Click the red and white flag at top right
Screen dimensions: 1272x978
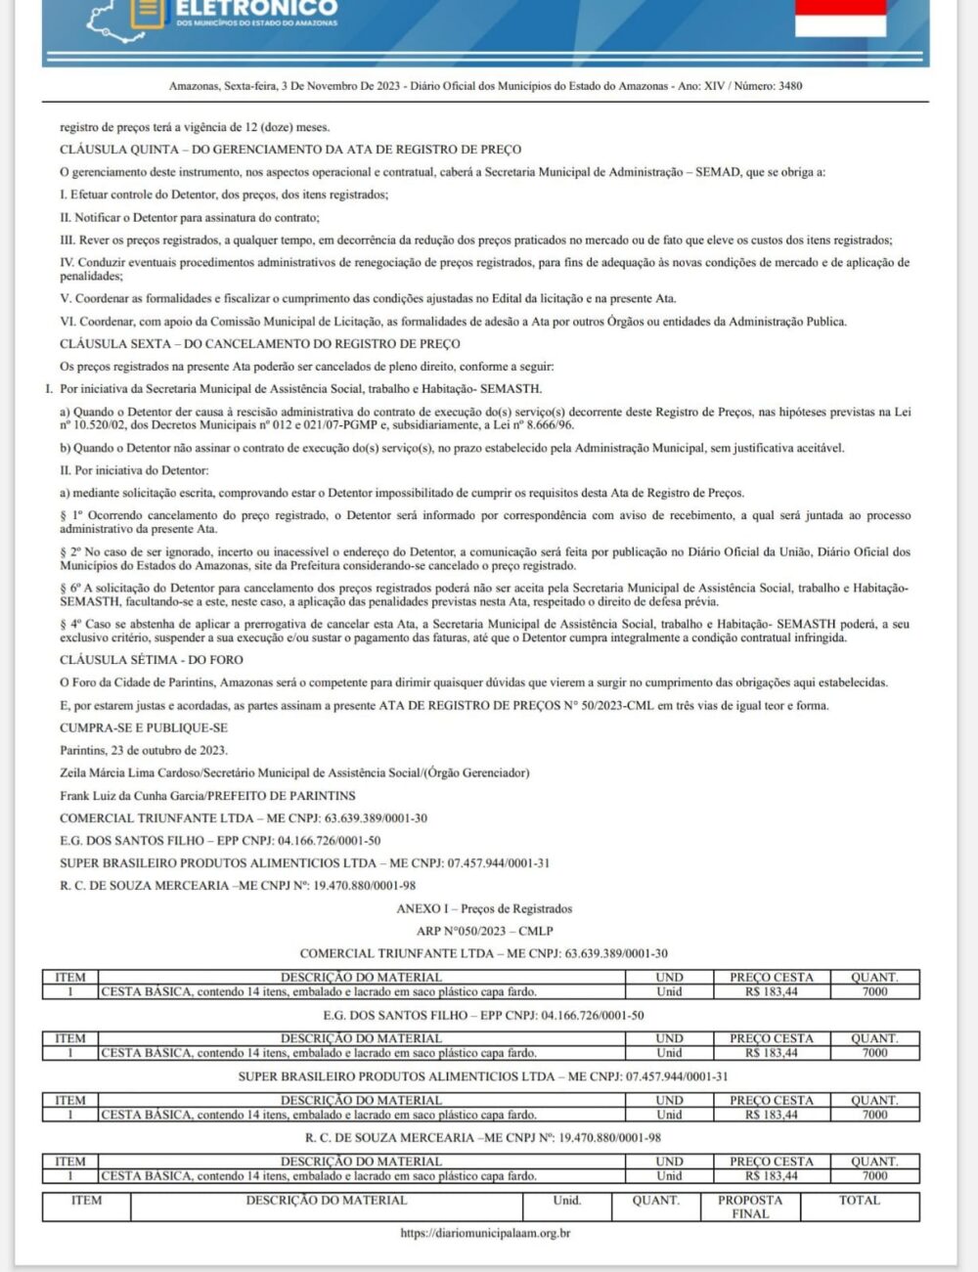pyautogui.click(x=840, y=18)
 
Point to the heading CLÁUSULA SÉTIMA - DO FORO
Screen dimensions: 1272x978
pyautogui.click(x=152, y=660)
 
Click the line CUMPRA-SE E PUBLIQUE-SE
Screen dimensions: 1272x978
pyautogui.click(x=143, y=728)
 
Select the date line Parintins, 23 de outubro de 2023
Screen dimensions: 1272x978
pyautogui.click(x=143, y=750)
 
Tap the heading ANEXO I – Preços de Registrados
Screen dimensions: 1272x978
pyautogui.click(x=484, y=908)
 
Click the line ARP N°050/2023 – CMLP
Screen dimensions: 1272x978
pyautogui.click(x=484, y=931)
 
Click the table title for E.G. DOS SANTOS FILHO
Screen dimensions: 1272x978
pyautogui.click(x=484, y=1015)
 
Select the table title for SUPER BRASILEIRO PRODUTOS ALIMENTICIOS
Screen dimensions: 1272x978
pyautogui.click(x=484, y=1076)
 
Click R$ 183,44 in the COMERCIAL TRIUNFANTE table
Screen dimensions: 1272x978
pyautogui.click(x=771, y=991)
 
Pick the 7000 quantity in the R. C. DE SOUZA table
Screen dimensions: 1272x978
pyautogui.click(x=874, y=1175)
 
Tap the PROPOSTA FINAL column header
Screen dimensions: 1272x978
pyautogui.click(x=750, y=1206)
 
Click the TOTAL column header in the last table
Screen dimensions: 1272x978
pyautogui.click(x=859, y=1201)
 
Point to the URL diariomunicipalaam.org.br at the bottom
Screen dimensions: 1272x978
pyautogui.click(x=485, y=1233)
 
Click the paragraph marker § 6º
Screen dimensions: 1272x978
pyautogui.click(x=71, y=588)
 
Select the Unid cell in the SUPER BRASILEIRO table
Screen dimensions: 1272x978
pyautogui.click(x=669, y=1115)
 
